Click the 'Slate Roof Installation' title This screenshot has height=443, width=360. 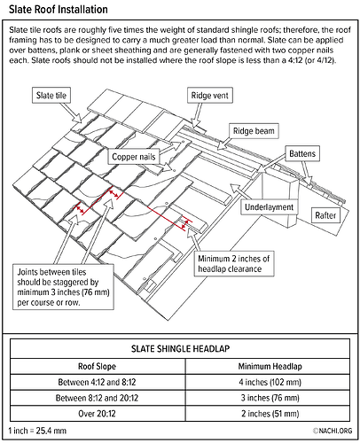coord(59,10)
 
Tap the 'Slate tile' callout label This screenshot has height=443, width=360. coord(51,95)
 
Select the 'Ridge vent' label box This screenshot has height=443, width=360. coord(210,96)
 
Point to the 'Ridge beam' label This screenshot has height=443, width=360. coord(254,131)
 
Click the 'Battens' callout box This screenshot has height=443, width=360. coord(302,153)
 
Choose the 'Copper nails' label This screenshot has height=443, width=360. coord(134,157)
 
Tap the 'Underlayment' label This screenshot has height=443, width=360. coord(270,207)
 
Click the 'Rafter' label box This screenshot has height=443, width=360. coord(325,215)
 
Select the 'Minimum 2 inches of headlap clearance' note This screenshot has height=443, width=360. coord(234,264)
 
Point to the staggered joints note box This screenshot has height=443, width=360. coord(63,287)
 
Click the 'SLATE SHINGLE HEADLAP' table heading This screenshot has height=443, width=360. coord(180,349)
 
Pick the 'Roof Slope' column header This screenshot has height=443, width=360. coord(97,367)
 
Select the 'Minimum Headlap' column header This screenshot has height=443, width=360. coord(270,367)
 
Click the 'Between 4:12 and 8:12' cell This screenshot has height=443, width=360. coord(97,382)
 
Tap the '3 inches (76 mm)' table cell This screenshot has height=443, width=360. coord(270,398)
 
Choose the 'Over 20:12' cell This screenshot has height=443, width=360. coord(97,414)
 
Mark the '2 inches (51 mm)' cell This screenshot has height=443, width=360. coord(270,414)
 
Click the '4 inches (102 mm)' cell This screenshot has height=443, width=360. coord(270,382)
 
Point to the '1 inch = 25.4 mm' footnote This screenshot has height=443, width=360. coord(37,431)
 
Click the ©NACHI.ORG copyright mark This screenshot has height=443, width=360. coord(333,431)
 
